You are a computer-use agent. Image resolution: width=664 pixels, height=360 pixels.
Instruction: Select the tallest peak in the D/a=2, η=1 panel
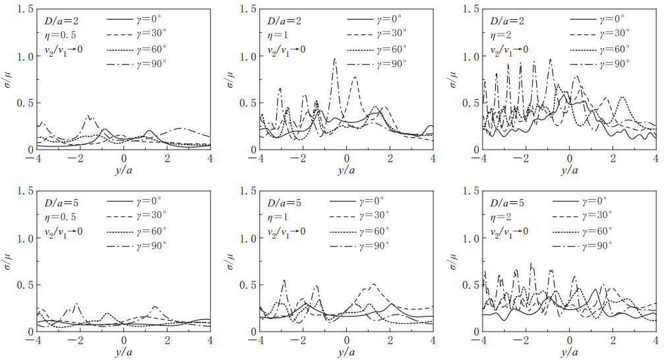pos(335,59)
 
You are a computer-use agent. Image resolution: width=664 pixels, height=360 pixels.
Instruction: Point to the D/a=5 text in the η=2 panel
pos(507,202)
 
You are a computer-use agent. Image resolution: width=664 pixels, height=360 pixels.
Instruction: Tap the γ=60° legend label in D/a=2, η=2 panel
pos(613,48)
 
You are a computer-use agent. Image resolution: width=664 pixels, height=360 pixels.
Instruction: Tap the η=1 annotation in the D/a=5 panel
pos(276,217)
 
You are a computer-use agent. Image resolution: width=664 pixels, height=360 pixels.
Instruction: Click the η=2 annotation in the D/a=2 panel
pos(500,35)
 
